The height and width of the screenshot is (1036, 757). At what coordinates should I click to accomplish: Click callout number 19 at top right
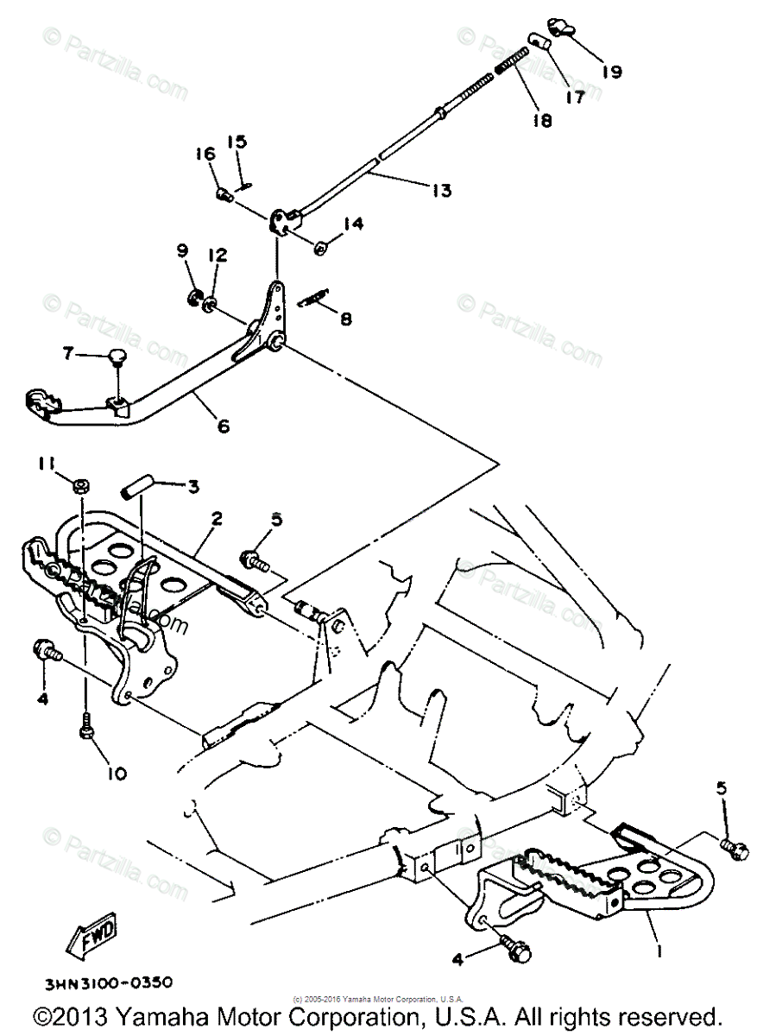point(611,73)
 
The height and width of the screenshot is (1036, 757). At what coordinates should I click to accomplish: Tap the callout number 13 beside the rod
point(441,191)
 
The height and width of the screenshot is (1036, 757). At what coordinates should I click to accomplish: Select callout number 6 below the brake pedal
point(224,425)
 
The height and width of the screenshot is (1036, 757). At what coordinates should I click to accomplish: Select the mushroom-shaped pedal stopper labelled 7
point(118,355)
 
